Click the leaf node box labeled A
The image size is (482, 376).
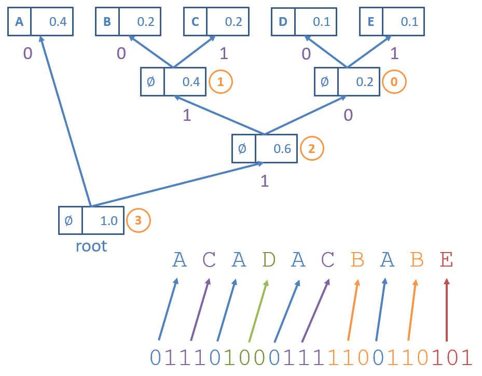40,21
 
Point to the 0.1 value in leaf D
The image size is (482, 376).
322,22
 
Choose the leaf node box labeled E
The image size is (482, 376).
392,21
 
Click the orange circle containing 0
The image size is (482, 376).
394,81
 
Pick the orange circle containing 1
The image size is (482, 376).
221,81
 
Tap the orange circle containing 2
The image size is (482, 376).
311,148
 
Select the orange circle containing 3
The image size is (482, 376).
138,220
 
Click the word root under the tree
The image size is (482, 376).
91,245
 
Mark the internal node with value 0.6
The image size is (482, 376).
265,148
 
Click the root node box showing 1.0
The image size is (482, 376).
91,220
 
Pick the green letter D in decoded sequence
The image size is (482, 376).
268,259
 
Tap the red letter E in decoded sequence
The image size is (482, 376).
446,259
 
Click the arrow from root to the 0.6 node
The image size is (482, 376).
176,184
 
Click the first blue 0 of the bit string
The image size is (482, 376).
155,357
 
